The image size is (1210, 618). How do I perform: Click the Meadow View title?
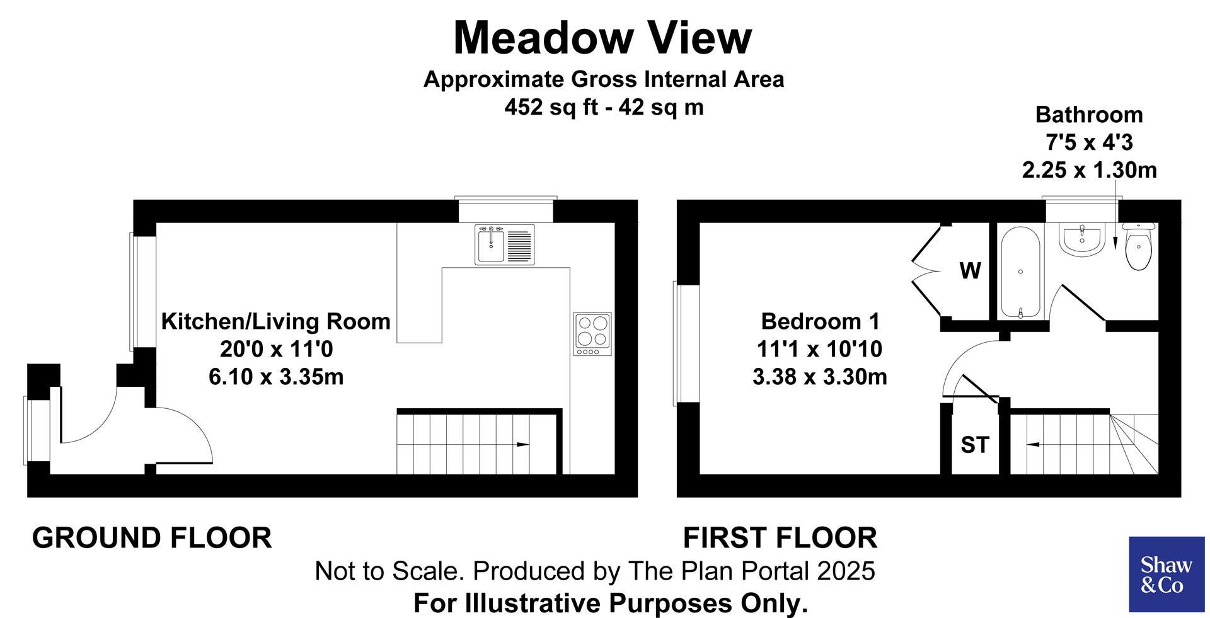pyautogui.click(x=602, y=38)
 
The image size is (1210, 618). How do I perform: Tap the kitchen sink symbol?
pyautogui.click(x=504, y=244)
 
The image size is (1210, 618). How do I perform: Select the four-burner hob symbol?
pyautogui.click(x=592, y=333)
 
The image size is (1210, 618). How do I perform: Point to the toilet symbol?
pyautogui.click(x=1138, y=249)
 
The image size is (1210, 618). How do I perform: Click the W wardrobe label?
pyautogui.click(x=970, y=271)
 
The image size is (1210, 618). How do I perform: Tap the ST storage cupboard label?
pyautogui.click(x=975, y=445)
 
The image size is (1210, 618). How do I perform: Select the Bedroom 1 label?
pyautogui.click(x=819, y=321)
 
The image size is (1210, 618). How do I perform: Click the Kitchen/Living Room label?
pyautogui.click(x=276, y=321)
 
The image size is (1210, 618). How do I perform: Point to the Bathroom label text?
pyautogui.click(x=1089, y=115)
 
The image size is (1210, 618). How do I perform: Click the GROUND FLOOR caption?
pyautogui.click(x=152, y=538)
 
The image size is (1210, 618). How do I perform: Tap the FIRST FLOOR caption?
pyautogui.click(x=780, y=538)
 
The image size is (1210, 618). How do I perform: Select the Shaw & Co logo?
pyautogui.click(x=1166, y=574)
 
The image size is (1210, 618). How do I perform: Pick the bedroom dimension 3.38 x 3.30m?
pyautogui.click(x=819, y=377)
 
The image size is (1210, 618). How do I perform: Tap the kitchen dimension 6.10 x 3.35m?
pyautogui.click(x=276, y=377)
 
